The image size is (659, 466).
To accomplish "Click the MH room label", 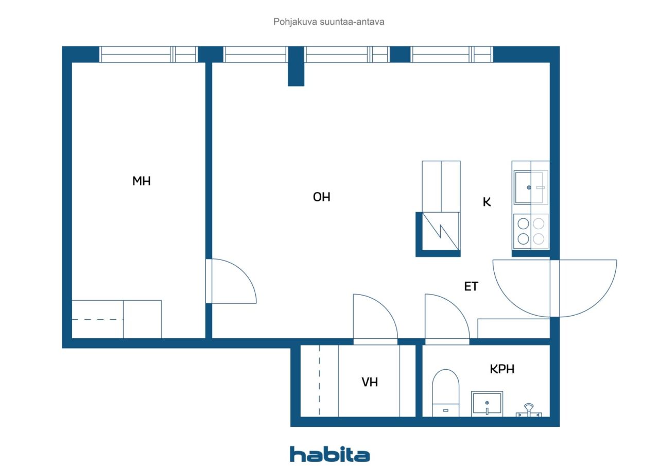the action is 142,181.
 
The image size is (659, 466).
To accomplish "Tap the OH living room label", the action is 322,197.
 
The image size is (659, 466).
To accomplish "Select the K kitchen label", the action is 487,202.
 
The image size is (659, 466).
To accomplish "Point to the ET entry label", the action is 471,286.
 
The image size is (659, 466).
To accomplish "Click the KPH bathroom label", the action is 502,369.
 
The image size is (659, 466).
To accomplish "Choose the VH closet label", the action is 370,382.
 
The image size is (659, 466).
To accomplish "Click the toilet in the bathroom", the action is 445,393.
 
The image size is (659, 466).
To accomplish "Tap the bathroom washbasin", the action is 487,403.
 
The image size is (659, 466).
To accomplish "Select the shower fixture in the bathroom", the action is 529,411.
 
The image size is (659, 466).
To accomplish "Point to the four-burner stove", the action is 531,232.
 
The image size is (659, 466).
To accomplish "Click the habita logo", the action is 329,455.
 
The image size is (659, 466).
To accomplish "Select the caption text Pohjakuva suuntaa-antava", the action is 328,22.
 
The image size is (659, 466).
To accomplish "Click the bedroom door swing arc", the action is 243,271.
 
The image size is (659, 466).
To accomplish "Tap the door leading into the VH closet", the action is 375,319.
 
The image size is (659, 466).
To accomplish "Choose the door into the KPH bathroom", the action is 447,319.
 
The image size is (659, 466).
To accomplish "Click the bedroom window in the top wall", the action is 148,55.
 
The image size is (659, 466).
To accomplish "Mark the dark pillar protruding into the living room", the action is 296,66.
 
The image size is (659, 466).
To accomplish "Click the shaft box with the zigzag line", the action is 441,231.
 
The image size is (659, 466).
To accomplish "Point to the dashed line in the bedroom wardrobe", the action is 97,319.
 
